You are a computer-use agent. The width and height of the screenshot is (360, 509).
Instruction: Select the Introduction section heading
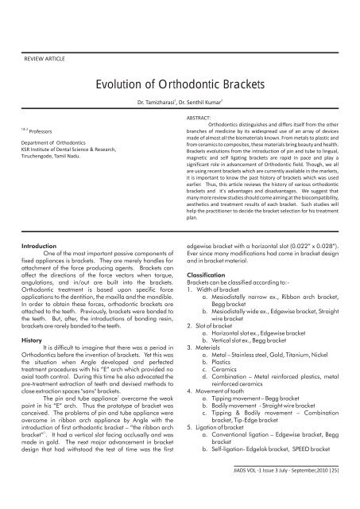pyautogui.click(x=36, y=270)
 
